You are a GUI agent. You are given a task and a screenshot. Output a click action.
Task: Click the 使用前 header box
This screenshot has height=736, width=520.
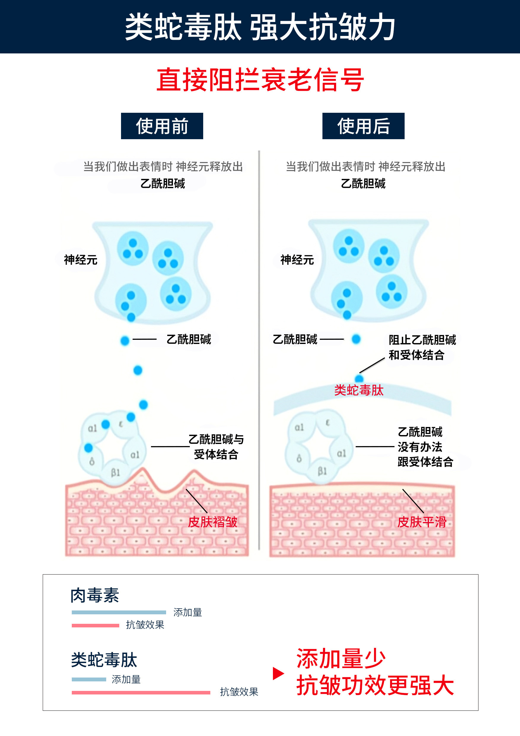coord(162,126)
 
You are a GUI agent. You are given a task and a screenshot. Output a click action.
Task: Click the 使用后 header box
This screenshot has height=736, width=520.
coord(363,126)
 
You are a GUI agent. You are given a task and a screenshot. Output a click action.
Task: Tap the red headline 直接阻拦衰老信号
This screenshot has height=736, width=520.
coord(260,80)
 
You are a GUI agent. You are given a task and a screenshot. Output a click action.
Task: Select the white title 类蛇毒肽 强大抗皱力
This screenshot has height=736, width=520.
coord(260,27)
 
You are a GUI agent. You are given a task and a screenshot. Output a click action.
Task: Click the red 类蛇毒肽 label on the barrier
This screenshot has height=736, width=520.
coord(359,391)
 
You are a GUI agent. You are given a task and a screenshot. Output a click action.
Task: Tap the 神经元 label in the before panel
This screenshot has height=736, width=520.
coord(80,260)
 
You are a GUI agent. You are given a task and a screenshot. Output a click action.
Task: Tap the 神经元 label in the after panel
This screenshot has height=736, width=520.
coord(297,260)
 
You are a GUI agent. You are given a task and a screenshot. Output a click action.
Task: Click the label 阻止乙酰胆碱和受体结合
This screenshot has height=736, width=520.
coord(422,347)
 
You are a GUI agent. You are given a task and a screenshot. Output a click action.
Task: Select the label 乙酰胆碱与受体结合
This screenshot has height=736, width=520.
coord(216,447)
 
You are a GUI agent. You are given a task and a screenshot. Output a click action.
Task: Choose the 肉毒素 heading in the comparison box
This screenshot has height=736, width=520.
coord(95,595)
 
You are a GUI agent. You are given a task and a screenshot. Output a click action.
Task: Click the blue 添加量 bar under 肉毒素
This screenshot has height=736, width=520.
coord(119,612)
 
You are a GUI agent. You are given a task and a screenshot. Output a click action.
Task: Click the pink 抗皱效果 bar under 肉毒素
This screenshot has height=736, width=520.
coord(95,625)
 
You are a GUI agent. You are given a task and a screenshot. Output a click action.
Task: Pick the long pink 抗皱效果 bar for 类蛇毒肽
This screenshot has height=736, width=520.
coord(141,693)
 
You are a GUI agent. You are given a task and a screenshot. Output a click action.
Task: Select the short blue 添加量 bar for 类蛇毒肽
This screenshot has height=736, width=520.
coord(89,679)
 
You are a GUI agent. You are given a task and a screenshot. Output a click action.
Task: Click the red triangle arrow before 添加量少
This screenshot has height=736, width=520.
coord(278,673)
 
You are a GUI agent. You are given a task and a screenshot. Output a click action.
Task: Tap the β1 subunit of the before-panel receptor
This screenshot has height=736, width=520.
coord(115,472)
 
